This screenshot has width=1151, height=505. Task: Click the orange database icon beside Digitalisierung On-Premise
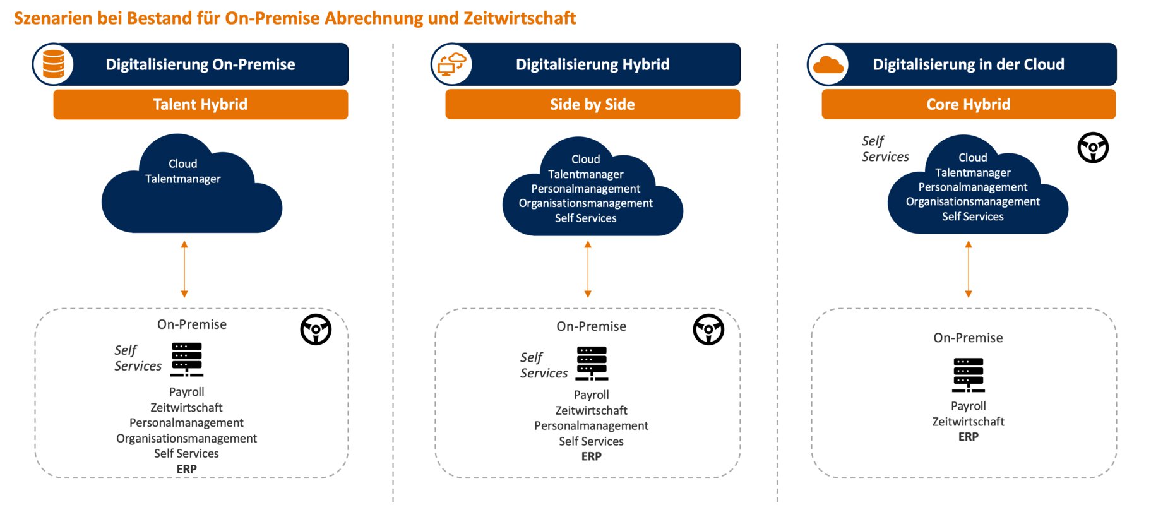point(53,64)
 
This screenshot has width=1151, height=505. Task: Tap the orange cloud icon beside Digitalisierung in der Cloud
point(828,64)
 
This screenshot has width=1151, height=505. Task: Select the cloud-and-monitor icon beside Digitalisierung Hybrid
point(451,64)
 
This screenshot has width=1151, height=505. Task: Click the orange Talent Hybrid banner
point(200,104)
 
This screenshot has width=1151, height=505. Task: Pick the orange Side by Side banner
point(592,104)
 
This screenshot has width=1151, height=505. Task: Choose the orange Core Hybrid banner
point(968,104)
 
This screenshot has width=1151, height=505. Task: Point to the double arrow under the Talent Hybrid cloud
point(184,269)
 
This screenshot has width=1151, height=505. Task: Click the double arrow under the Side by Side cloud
point(588,269)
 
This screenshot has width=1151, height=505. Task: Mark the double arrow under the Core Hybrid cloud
point(969,269)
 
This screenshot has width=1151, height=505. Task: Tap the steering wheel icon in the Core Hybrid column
point(1093,148)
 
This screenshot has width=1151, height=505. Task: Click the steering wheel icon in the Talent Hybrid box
point(316,329)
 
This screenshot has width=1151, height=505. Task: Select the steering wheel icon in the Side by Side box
point(708,329)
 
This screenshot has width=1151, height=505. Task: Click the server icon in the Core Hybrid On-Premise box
point(969,374)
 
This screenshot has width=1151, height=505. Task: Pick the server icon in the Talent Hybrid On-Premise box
point(187,359)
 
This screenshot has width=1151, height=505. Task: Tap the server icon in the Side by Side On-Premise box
point(592,363)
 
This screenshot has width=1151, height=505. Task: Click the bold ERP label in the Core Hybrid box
point(969,437)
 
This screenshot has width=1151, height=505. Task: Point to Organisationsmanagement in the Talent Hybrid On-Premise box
point(186,438)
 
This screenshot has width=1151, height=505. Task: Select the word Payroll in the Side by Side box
point(592,395)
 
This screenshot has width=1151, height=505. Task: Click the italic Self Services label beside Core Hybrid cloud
point(885,149)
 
